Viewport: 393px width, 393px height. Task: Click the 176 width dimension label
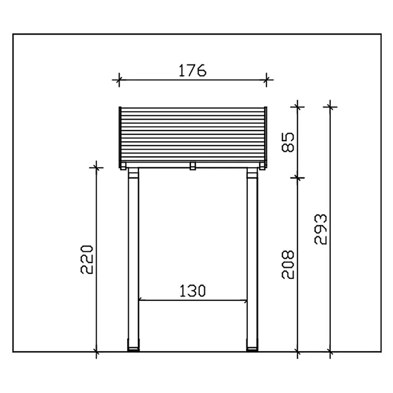point(192,71)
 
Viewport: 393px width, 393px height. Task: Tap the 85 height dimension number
point(288,142)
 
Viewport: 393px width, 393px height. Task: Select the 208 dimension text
point(288,264)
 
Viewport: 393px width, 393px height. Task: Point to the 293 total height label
point(321,229)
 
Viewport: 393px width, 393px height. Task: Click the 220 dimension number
point(87,259)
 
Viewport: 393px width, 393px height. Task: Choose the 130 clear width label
point(193,291)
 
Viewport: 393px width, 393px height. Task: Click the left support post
point(133,259)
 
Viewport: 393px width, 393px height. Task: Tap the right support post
point(252,259)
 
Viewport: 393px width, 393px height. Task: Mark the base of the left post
point(133,349)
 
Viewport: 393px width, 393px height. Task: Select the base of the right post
point(252,349)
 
